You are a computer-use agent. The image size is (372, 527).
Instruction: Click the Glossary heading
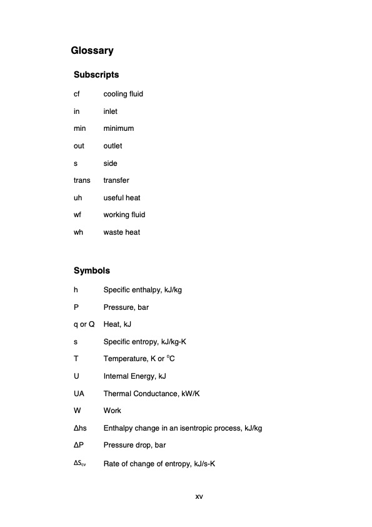pos(92,50)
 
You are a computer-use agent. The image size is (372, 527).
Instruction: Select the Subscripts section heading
pos(96,75)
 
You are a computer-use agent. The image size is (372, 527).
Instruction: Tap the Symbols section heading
pos(92,271)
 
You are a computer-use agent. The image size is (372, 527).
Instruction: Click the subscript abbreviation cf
pos(76,94)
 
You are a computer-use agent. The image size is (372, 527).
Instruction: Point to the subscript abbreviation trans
pos(82,180)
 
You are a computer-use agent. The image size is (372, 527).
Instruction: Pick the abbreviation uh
pos(78,198)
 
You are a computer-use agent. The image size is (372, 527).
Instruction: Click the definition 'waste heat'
pos(122,232)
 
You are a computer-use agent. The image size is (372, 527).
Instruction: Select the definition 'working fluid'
pos(124,215)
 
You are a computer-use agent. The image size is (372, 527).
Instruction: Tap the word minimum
pos(119,128)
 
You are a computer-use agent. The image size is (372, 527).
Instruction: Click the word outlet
pos(113,146)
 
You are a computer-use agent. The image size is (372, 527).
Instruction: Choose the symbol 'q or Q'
pos(84,324)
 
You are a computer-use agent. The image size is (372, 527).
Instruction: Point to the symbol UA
pos(79,394)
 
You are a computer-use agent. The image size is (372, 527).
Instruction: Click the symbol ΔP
pos(79,446)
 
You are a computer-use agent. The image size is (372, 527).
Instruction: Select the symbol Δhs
pos(80,428)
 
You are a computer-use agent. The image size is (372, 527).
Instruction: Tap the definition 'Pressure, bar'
pos(126,307)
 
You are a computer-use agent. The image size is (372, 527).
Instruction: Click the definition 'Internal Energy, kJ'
pos(134,376)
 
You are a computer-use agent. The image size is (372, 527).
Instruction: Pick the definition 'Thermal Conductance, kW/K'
pos(151,394)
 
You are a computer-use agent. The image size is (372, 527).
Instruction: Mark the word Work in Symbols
pos(113,411)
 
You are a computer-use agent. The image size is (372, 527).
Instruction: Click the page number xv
pos(199,496)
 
